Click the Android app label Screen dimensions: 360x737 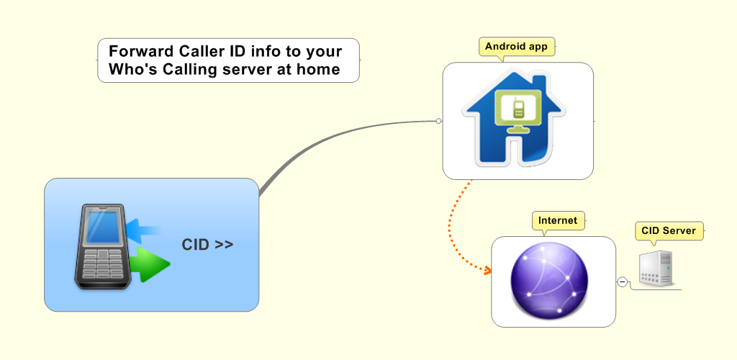pos(516,47)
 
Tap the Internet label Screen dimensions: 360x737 pos(558,220)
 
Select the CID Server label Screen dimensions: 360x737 pos(669,230)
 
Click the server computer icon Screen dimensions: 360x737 pos(656,269)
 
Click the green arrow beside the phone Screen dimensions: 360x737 pos(150,264)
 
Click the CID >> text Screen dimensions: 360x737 pos(207,245)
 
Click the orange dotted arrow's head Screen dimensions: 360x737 pos(487,271)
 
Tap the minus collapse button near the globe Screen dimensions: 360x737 pos(623,282)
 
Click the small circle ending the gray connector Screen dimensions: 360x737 pos(438,121)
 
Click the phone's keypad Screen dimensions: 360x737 pos(101,264)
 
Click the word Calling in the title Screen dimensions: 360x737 pos(189,70)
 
